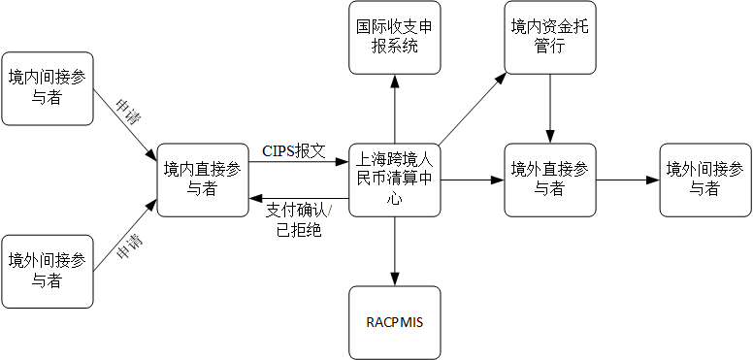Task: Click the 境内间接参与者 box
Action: pos(48,88)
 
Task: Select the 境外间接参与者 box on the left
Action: pos(48,271)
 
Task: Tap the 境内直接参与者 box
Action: pos(203,180)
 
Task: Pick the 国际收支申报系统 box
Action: pos(396,38)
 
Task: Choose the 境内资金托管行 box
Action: pos(550,38)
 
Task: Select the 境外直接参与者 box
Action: pos(550,180)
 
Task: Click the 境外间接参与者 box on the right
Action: pos(705,180)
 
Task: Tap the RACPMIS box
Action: pos(396,322)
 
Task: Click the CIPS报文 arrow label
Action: pos(293,151)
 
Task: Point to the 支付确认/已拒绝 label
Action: pos(299,220)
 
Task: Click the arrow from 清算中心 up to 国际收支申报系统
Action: pos(396,108)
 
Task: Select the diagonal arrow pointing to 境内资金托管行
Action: pos(471,108)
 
